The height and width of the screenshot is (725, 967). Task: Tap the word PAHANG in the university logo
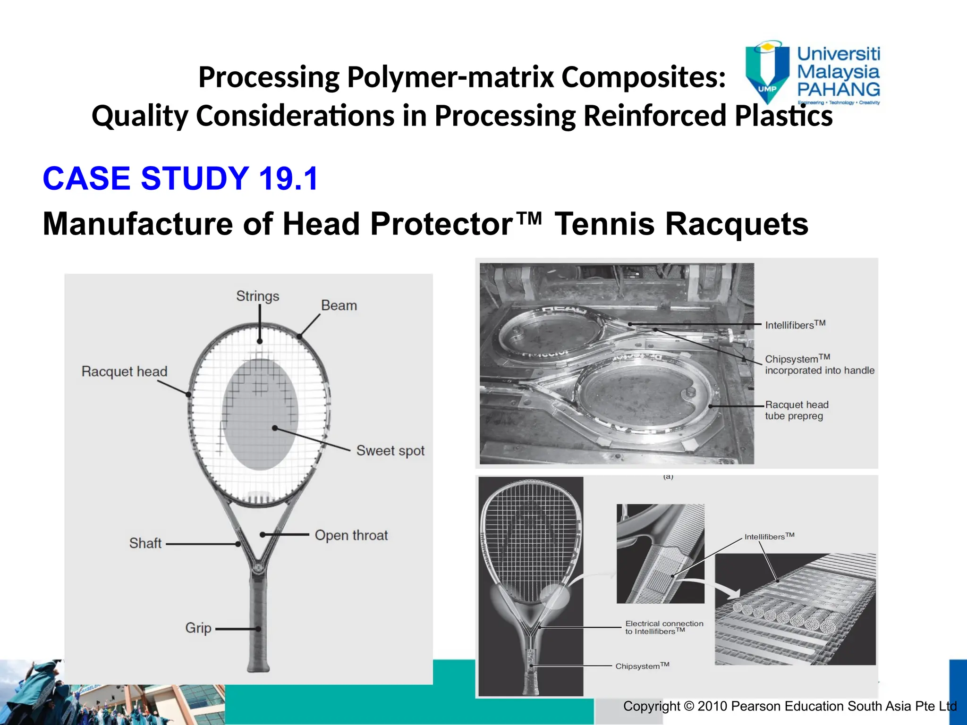click(839, 90)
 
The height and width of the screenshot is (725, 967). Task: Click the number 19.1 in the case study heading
click(288, 179)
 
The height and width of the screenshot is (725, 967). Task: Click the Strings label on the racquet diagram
click(257, 296)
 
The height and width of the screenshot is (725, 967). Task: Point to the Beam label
click(339, 305)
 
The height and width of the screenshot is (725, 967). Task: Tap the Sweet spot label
click(390, 450)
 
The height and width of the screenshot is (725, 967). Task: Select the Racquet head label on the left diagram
click(124, 371)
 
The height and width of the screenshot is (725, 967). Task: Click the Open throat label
click(351, 535)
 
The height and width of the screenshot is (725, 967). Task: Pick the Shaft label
click(145, 543)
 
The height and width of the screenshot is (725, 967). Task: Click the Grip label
click(198, 628)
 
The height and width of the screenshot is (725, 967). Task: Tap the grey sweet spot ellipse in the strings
click(260, 415)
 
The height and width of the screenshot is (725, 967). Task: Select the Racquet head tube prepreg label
click(797, 410)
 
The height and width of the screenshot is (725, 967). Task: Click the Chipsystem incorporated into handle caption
click(819, 364)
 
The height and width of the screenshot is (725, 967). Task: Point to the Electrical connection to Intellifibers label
click(664, 627)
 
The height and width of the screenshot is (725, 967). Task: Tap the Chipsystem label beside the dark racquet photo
click(642, 666)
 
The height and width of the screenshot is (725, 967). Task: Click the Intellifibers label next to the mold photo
click(795, 325)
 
